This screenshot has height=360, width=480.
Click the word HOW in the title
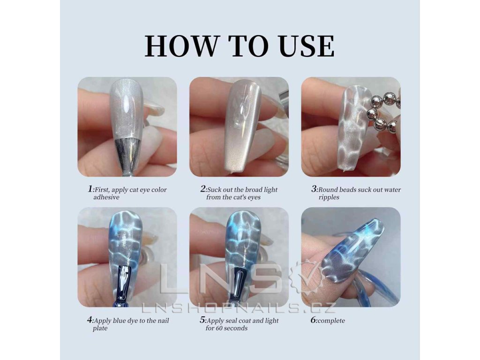click(180, 46)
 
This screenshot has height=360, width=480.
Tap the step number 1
click(90, 189)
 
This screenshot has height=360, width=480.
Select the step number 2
click(203, 189)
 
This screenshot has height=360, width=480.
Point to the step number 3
click(314, 189)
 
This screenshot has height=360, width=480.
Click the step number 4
click(90, 320)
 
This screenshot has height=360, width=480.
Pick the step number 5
click(202, 320)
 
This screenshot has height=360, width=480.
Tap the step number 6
click(314, 320)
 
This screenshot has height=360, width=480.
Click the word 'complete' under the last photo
click(332, 321)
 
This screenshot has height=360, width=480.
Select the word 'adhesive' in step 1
click(106, 197)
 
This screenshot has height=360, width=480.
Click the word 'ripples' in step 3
click(329, 197)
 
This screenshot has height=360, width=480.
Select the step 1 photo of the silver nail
click(127, 127)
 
